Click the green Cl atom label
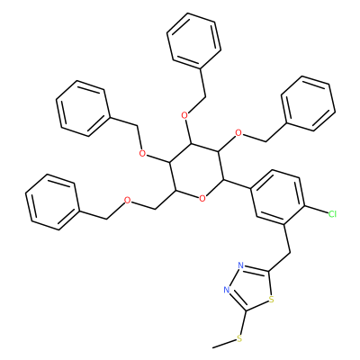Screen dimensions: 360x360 pyautogui.click(x=332, y=214)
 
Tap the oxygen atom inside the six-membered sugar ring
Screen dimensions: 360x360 pyautogui.click(x=202, y=198)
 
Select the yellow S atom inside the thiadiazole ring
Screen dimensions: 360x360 pyautogui.click(x=272, y=299)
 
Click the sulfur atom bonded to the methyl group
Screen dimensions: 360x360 pyautogui.click(x=239, y=338)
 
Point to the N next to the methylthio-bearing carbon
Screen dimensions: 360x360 pyautogui.click(x=227, y=290)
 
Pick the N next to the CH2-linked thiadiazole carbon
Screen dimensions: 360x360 pyautogui.click(x=240, y=265)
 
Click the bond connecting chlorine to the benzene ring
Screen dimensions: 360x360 pyautogui.click(x=316, y=210)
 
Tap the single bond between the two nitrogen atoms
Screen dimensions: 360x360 pyautogui.click(x=233, y=278)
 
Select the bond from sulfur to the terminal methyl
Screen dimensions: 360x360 pyautogui.click(x=224, y=344)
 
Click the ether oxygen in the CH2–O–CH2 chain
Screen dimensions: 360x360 pyautogui.click(x=128, y=201)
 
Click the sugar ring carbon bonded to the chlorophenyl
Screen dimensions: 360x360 pyautogui.click(x=223, y=180)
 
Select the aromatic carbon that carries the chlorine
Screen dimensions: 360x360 pyautogui.click(x=304, y=206)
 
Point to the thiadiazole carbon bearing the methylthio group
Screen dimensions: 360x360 pyautogui.click(x=246, y=310)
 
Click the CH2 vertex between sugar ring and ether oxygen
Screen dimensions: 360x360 pyautogui.click(x=155, y=209)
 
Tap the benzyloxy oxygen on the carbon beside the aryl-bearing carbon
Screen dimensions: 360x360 pyautogui.click(x=238, y=132)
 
